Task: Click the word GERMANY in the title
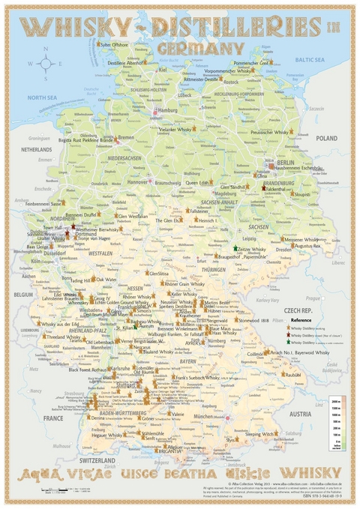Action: click(200, 47)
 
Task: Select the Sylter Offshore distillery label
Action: click(115, 44)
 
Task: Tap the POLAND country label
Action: click(327, 139)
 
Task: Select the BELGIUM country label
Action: click(25, 295)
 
